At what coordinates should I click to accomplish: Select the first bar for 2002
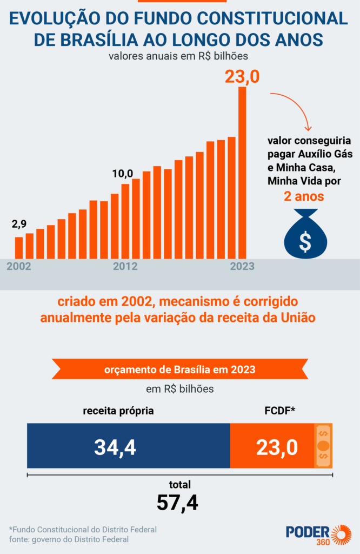[19, 247]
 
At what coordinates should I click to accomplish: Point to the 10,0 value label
[122, 174]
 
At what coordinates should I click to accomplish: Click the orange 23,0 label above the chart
[242, 76]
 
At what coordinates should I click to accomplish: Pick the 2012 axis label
[125, 267]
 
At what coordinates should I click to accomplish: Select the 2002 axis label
[19, 267]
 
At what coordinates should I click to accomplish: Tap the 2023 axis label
[242, 267]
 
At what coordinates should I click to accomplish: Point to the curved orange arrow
[292, 108]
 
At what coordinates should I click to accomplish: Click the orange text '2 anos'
[304, 196]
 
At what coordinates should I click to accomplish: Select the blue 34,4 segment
[129, 446]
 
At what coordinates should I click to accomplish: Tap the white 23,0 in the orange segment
[277, 447]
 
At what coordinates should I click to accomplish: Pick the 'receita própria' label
[118, 411]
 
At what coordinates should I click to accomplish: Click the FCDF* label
[279, 411]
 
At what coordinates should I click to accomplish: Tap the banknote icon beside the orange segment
[323, 446]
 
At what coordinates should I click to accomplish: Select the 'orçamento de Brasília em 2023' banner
[180, 370]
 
